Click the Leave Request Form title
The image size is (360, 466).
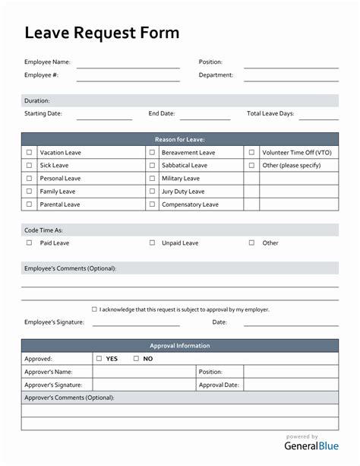tap(102, 33)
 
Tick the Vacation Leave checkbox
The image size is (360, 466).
tap(30, 153)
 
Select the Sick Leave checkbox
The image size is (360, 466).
tap(30, 165)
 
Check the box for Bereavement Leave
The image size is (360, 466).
tap(152, 153)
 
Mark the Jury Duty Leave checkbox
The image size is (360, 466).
tap(152, 192)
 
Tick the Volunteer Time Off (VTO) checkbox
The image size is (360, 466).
tap(251, 153)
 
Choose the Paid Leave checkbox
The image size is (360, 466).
tap(30, 243)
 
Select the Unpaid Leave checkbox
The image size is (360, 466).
tap(152, 243)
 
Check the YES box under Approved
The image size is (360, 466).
tap(99, 359)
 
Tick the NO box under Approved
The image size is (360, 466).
tap(136, 359)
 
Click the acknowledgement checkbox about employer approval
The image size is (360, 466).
tap(94, 309)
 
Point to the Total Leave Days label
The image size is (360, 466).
tap(270, 114)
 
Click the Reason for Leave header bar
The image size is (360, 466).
tap(180, 139)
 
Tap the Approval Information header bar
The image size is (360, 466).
tap(180, 346)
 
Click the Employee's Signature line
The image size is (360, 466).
tap(136, 325)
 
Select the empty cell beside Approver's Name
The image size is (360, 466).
tap(144, 372)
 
